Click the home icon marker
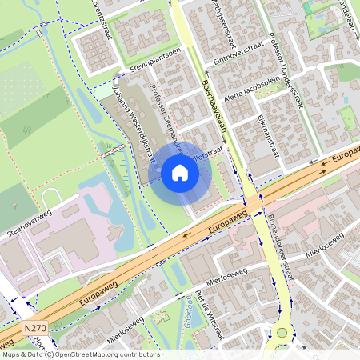click(x=180, y=173)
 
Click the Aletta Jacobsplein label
click(x=257, y=88)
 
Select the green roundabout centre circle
click(x=282, y=333)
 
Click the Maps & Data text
click(x=22, y=354)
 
